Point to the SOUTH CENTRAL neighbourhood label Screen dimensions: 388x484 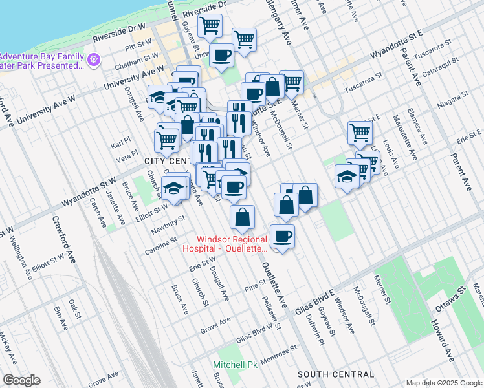point(336,374)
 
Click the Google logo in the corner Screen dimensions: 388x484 point(21,380)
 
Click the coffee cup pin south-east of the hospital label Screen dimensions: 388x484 point(282,237)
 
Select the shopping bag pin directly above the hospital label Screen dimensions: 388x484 point(242,217)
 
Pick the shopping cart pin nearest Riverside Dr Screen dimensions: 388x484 point(210,26)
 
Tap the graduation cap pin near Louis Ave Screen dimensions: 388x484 point(347,176)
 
